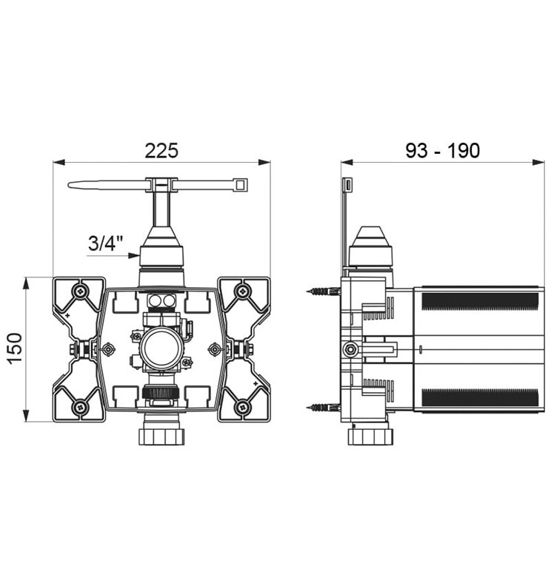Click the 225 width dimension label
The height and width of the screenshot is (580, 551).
coord(161,150)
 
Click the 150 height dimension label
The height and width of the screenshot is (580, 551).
coord(16,348)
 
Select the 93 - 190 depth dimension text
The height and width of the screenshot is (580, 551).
coord(443,151)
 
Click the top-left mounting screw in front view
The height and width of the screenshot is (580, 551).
coord(80,291)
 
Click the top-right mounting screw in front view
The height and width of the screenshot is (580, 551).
coord(243,291)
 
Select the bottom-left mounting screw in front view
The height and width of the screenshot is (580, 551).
coord(80,407)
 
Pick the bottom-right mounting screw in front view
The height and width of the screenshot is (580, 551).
coord(243,407)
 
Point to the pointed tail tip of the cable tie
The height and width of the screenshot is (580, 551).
coord(69,184)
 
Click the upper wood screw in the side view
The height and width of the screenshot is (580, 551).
coord(323,291)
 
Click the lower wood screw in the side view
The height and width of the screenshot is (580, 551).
coord(323,407)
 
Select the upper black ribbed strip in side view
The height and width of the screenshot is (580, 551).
coord(480,301)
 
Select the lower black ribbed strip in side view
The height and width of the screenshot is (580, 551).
coord(480,397)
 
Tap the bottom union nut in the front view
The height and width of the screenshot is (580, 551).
coord(161,436)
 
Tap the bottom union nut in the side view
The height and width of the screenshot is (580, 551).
coord(370,436)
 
